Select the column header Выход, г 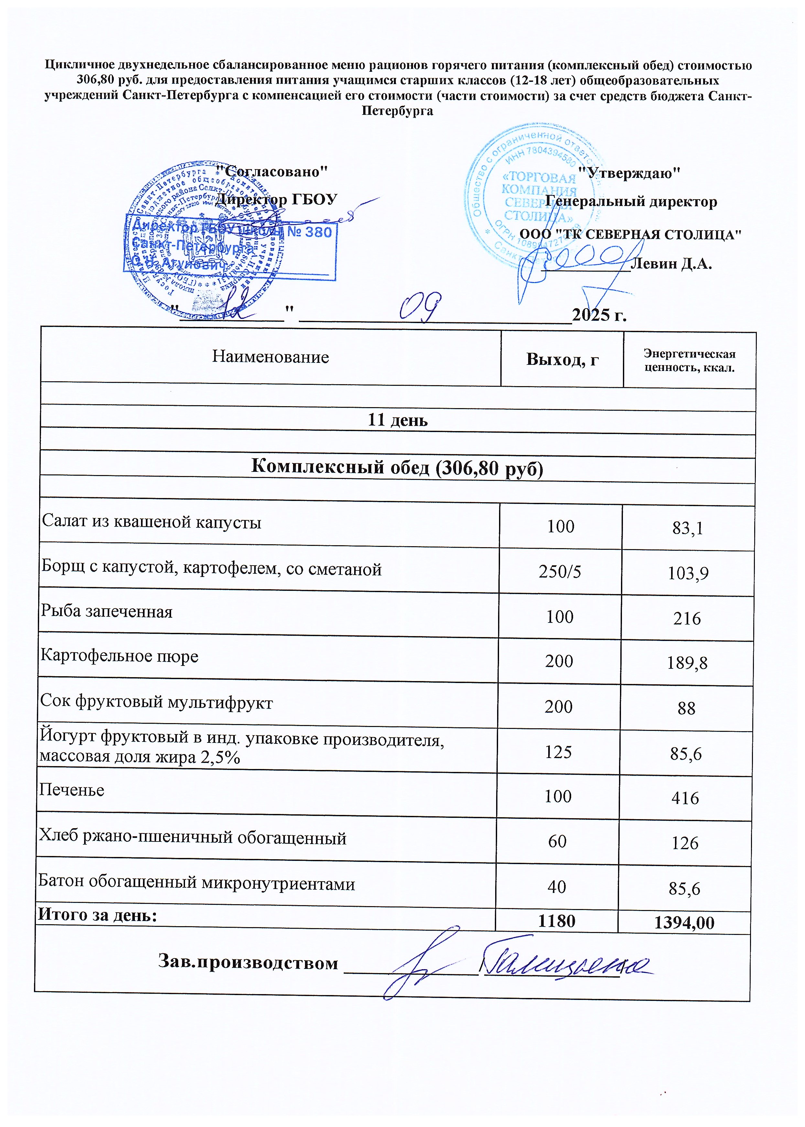562,359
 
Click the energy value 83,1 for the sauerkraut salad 688,529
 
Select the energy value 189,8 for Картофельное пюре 687,663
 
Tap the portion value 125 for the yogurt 559,752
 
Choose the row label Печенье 72,790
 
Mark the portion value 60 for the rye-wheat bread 558,841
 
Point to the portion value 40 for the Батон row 557,887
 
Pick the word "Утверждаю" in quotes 629,173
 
